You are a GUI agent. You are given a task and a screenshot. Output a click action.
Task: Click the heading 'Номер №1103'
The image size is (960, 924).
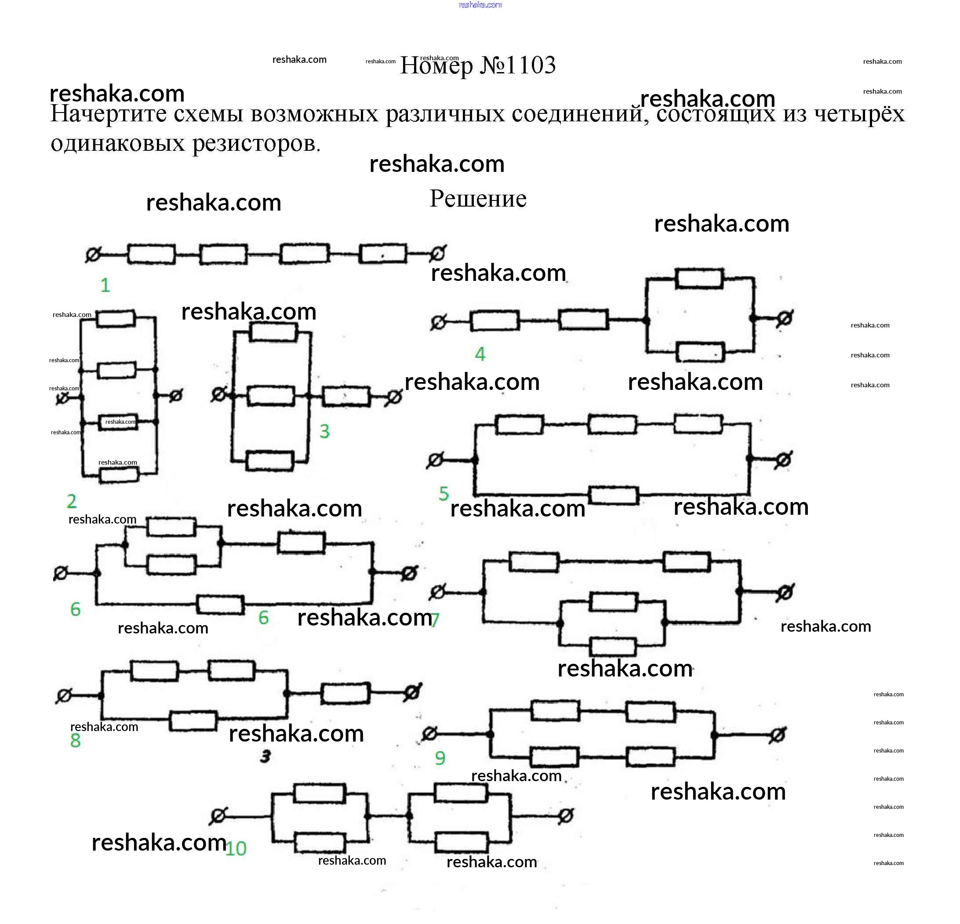tap(478, 65)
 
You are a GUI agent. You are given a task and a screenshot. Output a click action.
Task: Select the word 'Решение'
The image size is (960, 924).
tap(478, 199)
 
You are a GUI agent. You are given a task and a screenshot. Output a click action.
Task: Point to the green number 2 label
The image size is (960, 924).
tap(72, 501)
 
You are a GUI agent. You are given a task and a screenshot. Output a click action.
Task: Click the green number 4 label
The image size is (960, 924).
tap(480, 354)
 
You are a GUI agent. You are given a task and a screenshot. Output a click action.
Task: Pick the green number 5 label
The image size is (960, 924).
tap(444, 493)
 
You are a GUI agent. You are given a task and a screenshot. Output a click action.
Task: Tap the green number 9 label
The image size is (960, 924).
tap(440, 758)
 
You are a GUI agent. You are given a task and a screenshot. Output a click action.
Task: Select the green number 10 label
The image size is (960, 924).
tap(236, 848)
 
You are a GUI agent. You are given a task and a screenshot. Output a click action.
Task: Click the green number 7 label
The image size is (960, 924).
tap(435, 620)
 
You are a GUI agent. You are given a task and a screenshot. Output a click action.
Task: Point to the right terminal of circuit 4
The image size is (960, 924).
tap(785, 318)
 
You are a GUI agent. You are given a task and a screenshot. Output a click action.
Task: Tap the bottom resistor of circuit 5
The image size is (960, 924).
tap(614, 495)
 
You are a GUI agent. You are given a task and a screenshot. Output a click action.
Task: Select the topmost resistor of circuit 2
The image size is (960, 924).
tap(116, 318)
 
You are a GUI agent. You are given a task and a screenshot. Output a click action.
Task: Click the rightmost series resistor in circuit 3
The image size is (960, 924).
tap(346, 396)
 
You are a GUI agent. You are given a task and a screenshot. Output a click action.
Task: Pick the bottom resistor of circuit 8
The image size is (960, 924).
tap(193, 720)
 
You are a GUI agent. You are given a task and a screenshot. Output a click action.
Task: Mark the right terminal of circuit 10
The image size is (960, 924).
tap(566, 816)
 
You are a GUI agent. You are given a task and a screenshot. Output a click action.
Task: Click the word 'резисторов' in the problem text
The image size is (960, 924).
tap(256, 144)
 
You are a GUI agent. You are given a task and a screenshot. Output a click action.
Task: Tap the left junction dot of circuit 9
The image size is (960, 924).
tap(490, 734)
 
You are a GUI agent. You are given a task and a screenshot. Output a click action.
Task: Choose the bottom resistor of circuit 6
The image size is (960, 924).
tap(220, 604)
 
